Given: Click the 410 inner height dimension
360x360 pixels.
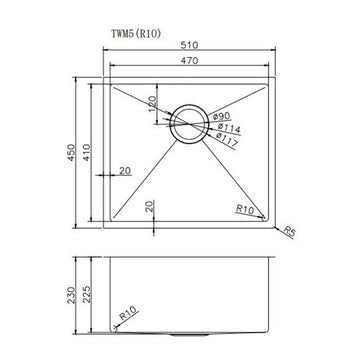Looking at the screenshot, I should click(x=88, y=152).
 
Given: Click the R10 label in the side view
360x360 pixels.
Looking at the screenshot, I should click(x=128, y=317).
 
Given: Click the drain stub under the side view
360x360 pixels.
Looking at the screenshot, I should click(x=189, y=335).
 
